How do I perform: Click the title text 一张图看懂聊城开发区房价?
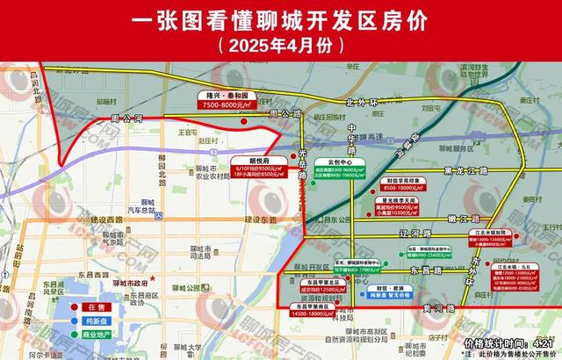click(x=281, y=18)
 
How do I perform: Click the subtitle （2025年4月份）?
click(x=281, y=45)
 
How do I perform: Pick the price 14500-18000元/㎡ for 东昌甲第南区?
click(x=314, y=313)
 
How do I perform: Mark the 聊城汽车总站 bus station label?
click(x=140, y=207)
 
